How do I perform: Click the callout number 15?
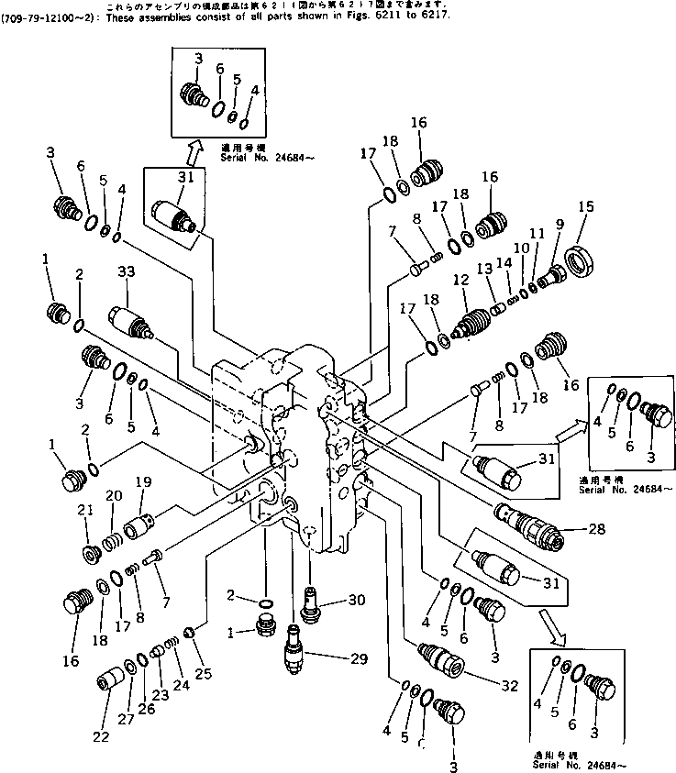click(586, 207)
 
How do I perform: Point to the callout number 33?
click(127, 271)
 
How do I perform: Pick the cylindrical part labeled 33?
click(131, 322)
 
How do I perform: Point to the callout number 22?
click(101, 736)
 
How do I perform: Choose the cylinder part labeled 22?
click(110, 684)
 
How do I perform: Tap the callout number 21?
click(84, 511)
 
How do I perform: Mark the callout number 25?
click(202, 674)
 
